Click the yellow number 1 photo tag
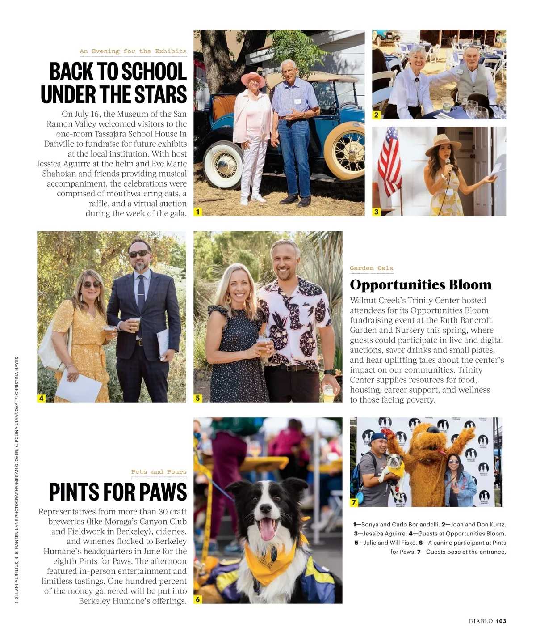197,212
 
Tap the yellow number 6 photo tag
197,599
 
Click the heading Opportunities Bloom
420,284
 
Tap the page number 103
501,621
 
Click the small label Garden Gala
371,268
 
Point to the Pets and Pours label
159,472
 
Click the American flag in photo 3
389,157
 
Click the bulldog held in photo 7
393,465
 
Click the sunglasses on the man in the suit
138,254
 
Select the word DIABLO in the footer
481,621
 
